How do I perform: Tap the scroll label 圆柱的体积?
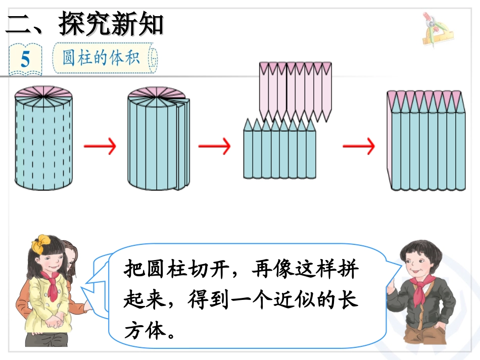point(101,58)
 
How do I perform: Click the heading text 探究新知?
point(111,24)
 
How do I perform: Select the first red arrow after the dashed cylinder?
point(100,147)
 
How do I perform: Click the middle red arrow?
point(214,147)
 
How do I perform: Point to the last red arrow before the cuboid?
point(359,147)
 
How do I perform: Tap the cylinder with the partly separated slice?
point(158,139)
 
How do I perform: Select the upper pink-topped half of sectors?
point(296,91)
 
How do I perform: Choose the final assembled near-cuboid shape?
point(426,141)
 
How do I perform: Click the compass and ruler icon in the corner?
point(436,30)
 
